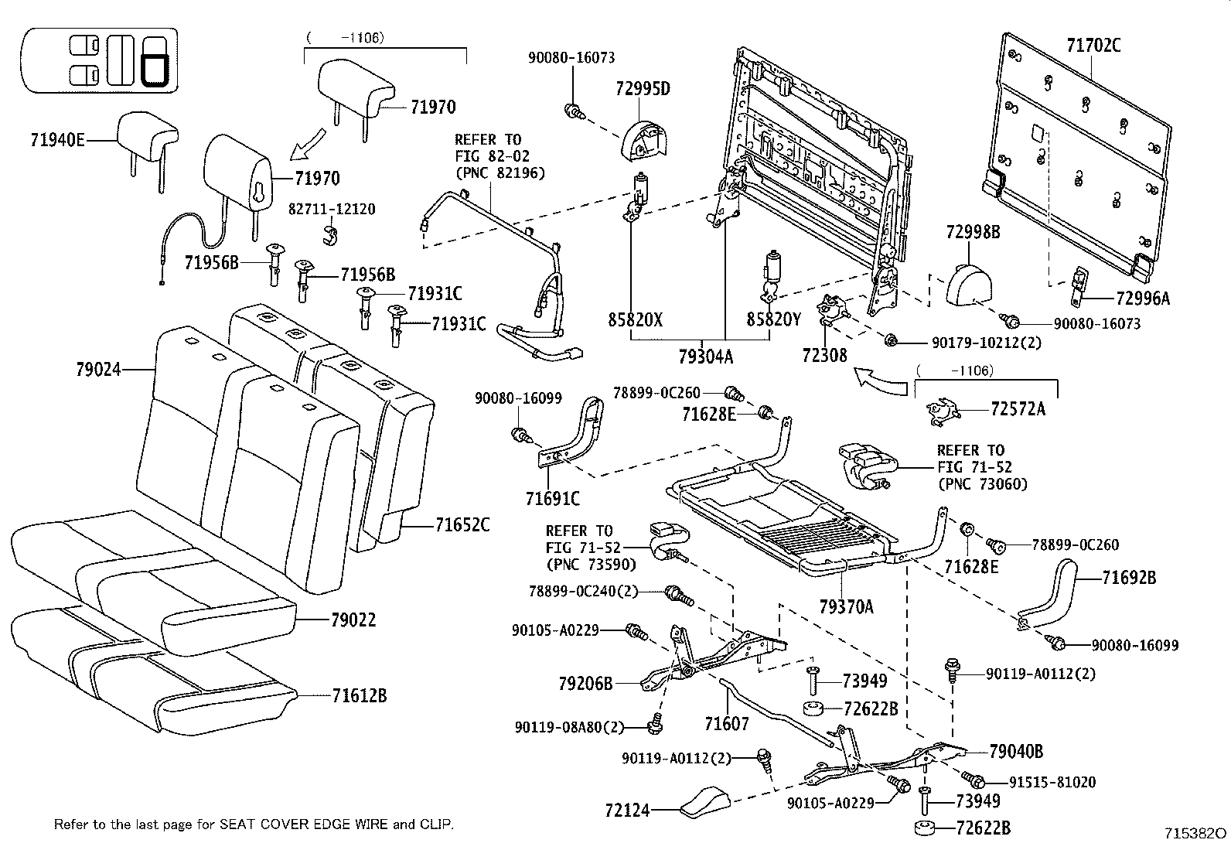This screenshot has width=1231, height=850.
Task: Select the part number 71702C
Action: (1093, 46)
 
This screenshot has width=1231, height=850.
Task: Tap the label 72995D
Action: (643, 88)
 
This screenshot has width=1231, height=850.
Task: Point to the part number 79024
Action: (98, 370)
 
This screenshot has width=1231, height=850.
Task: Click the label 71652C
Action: (462, 525)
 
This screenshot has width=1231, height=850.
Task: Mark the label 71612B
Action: (360, 695)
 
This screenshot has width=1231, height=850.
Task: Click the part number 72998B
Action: (973, 231)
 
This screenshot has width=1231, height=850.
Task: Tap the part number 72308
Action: (824, 355)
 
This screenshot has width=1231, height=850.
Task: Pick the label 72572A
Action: (1018, 409)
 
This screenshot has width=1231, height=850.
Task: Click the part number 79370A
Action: (846, 606)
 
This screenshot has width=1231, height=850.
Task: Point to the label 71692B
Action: (1129, 577)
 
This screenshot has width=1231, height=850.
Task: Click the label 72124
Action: (627, 811)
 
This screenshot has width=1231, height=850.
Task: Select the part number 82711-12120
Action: (332, 210)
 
